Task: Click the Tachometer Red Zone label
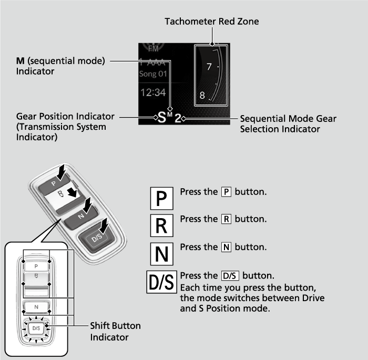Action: tap(211, 22)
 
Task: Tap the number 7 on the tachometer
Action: tap(209, 67)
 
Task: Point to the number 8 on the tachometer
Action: tap(203, 96)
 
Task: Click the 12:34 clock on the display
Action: tap(153, 93)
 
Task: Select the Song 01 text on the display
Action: tap(153, 74)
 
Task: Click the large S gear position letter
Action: tap(162, 117)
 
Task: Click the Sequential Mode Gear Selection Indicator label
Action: tap(288, 124)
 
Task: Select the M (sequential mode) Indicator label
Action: tap(60, 66)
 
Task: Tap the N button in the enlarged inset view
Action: tap(36, 307)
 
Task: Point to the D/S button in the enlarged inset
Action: tap(36, 328)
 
